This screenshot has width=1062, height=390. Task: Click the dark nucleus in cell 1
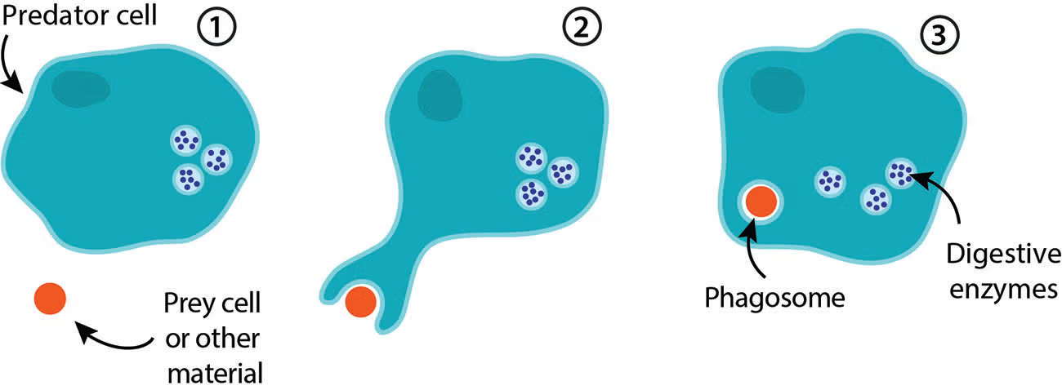tap(79, 88)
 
